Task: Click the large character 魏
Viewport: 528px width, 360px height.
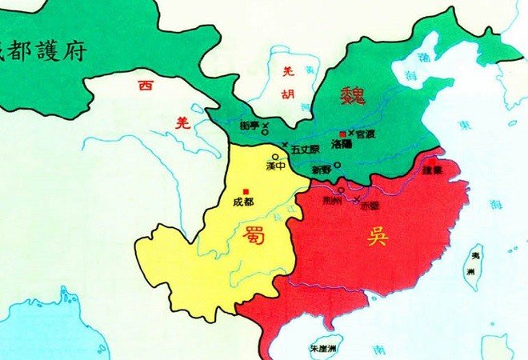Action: click(353, 98)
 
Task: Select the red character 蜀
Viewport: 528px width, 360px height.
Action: click(254, 234)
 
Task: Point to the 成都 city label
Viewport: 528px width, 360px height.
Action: click(242, 202)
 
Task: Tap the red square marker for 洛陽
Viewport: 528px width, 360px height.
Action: click(342, 133)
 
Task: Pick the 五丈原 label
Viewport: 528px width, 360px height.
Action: click(305, 148)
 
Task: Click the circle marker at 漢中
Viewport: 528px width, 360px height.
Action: click(275, 157)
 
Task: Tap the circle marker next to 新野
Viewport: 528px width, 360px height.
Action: click(337, 166)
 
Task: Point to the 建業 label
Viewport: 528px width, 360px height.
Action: click(433, 170)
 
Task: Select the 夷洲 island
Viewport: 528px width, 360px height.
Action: click(474, 266)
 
